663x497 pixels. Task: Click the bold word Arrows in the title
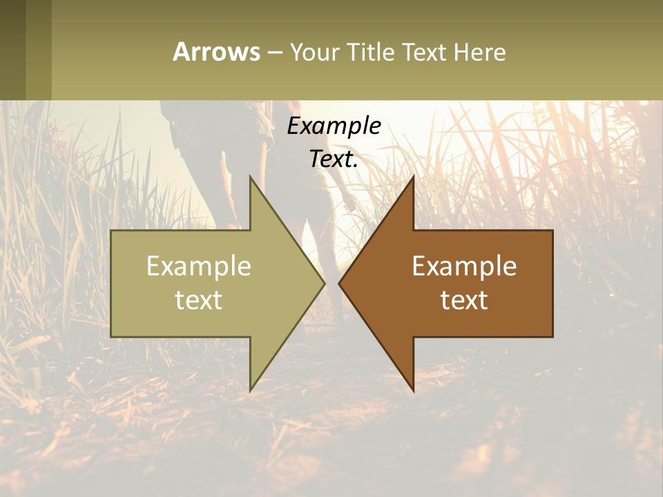coord(216,52)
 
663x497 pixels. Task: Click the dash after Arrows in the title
coord(274,53)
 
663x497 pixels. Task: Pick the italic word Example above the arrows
coord(334,126)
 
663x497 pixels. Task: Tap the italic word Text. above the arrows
coord(334,159)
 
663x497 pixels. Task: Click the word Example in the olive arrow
coord(199,266)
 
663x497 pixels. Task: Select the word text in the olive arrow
coord(199,300)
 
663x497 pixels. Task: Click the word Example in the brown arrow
coord(464,266)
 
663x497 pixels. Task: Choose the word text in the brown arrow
coord(464,300)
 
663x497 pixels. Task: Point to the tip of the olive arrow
coord(324,283)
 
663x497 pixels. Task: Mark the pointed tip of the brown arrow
coord(339,283)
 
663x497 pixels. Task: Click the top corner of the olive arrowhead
coord(250,177)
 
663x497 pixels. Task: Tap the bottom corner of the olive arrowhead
coord(250,391)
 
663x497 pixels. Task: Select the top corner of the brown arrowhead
coord(413,177)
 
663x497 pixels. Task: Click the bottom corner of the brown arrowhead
coord(413,391)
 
